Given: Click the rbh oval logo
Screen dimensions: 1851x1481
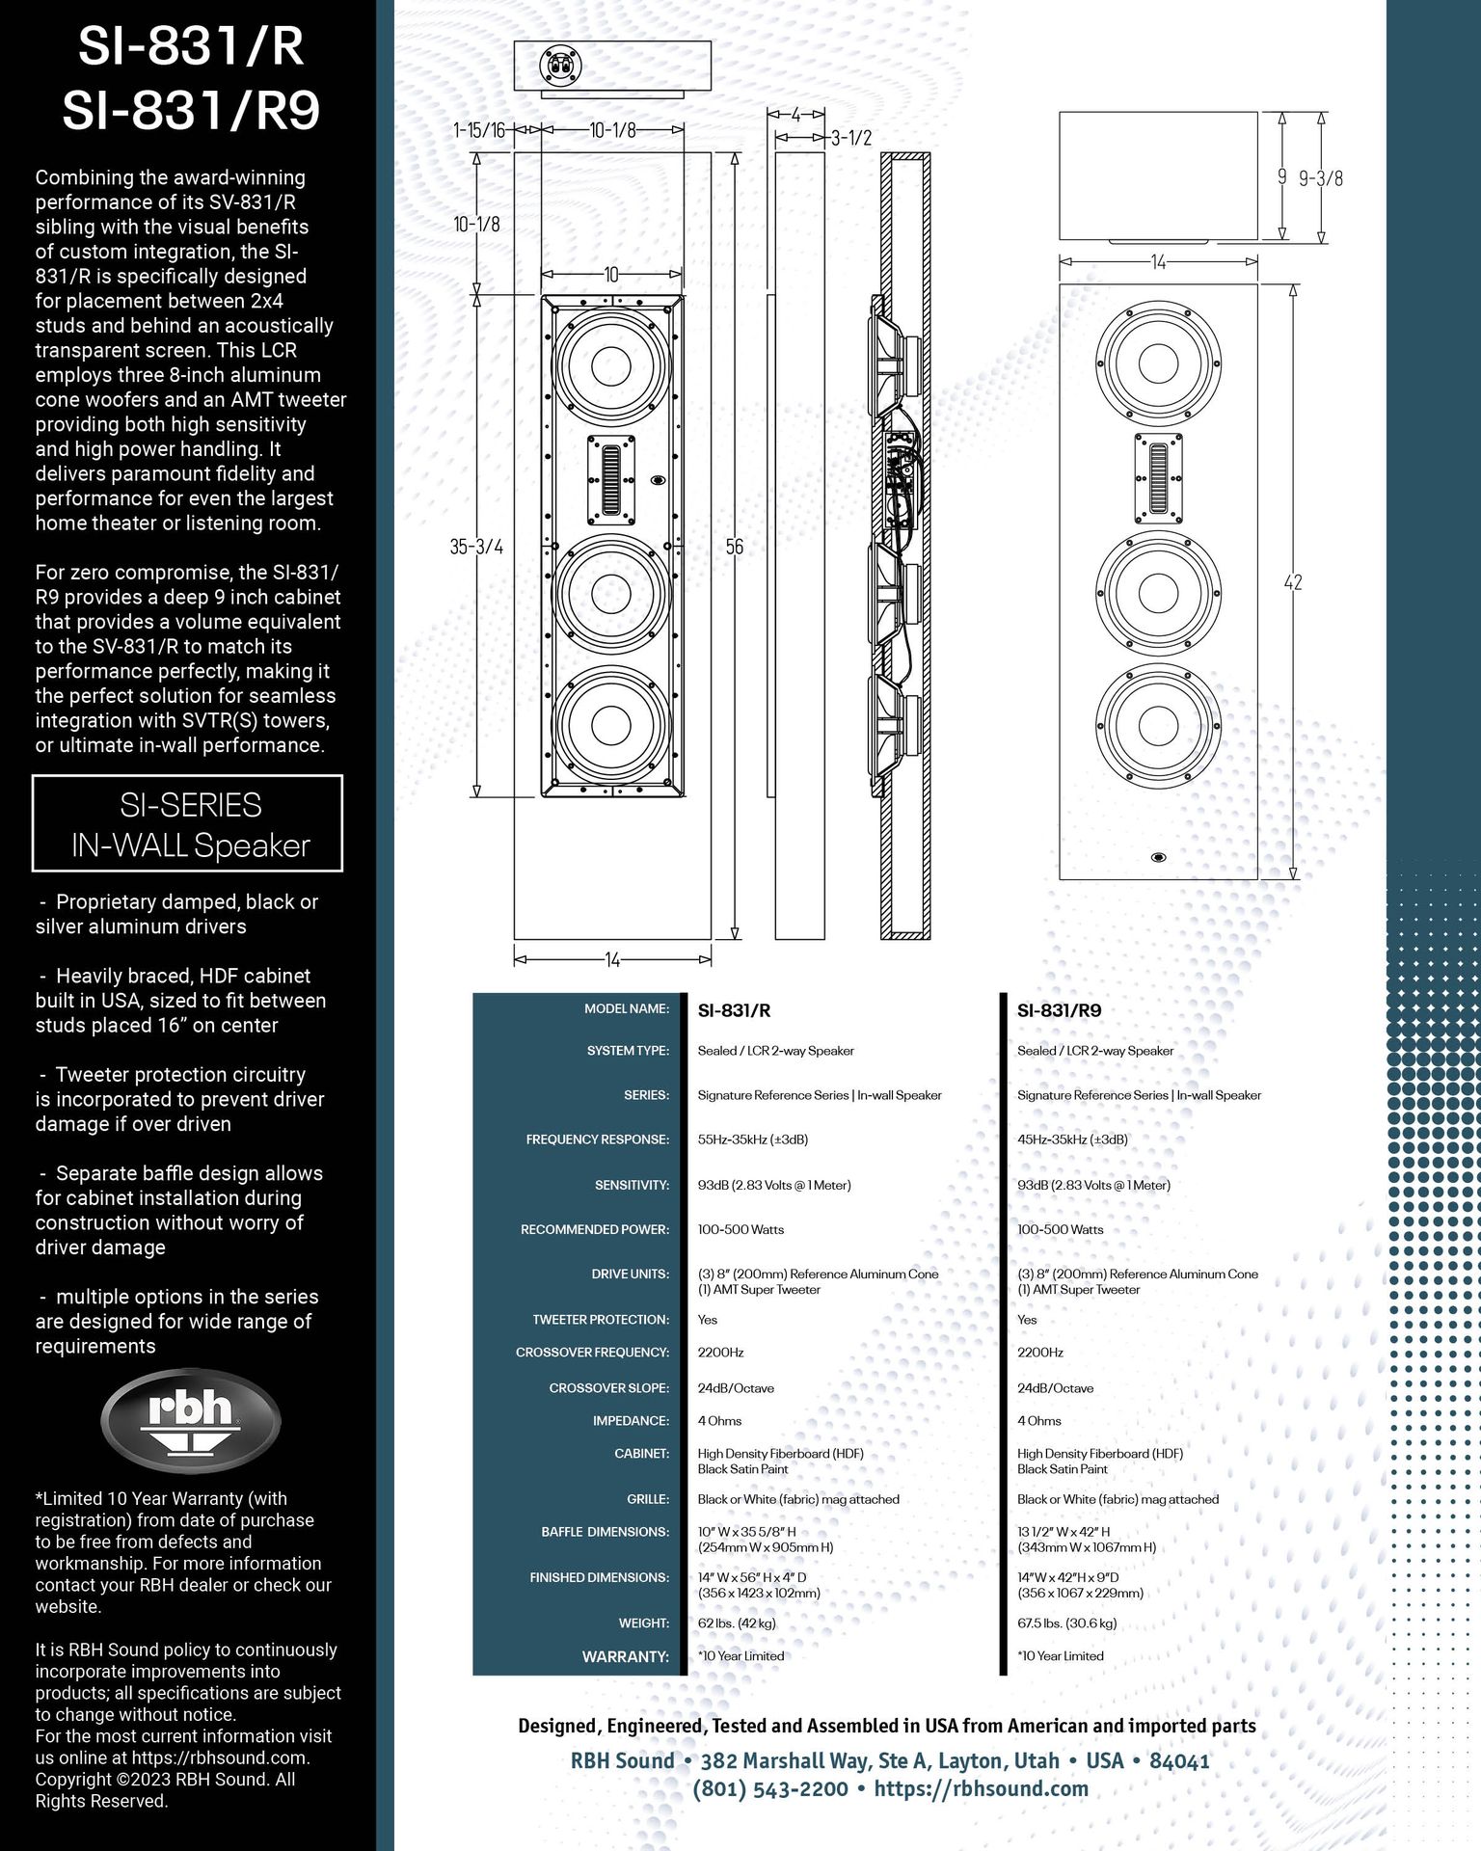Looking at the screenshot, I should coord(190,1419).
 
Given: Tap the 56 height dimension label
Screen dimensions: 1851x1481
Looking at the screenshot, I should coord(734,547).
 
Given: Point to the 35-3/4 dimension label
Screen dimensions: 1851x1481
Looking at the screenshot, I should coord(476,547).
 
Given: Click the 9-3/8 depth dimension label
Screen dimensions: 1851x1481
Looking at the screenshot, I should coord(1320,178).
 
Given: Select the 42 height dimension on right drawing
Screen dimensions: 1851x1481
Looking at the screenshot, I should coord(1292,581).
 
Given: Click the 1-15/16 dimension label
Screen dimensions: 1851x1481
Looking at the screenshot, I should coord(479,130).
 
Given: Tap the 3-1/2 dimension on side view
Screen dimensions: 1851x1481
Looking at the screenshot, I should coord(851,138).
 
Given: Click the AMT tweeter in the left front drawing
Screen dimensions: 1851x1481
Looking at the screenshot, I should coord(612,480).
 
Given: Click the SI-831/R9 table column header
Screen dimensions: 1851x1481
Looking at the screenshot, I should coord(1059,1010).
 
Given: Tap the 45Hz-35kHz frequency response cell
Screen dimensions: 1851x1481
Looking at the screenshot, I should coord(1072,1140).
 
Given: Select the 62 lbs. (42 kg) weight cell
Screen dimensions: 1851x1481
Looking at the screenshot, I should coord(736,1623).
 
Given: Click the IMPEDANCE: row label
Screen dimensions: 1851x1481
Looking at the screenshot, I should coord(631,1421).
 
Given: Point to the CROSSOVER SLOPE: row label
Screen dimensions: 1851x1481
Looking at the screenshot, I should coord(608,1388).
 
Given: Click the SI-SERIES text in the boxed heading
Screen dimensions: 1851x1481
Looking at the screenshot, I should coord(190,805).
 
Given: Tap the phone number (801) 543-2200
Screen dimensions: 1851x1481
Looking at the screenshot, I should coord(769,1789).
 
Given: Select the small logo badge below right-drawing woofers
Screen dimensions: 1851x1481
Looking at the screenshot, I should coord(1158,857).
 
